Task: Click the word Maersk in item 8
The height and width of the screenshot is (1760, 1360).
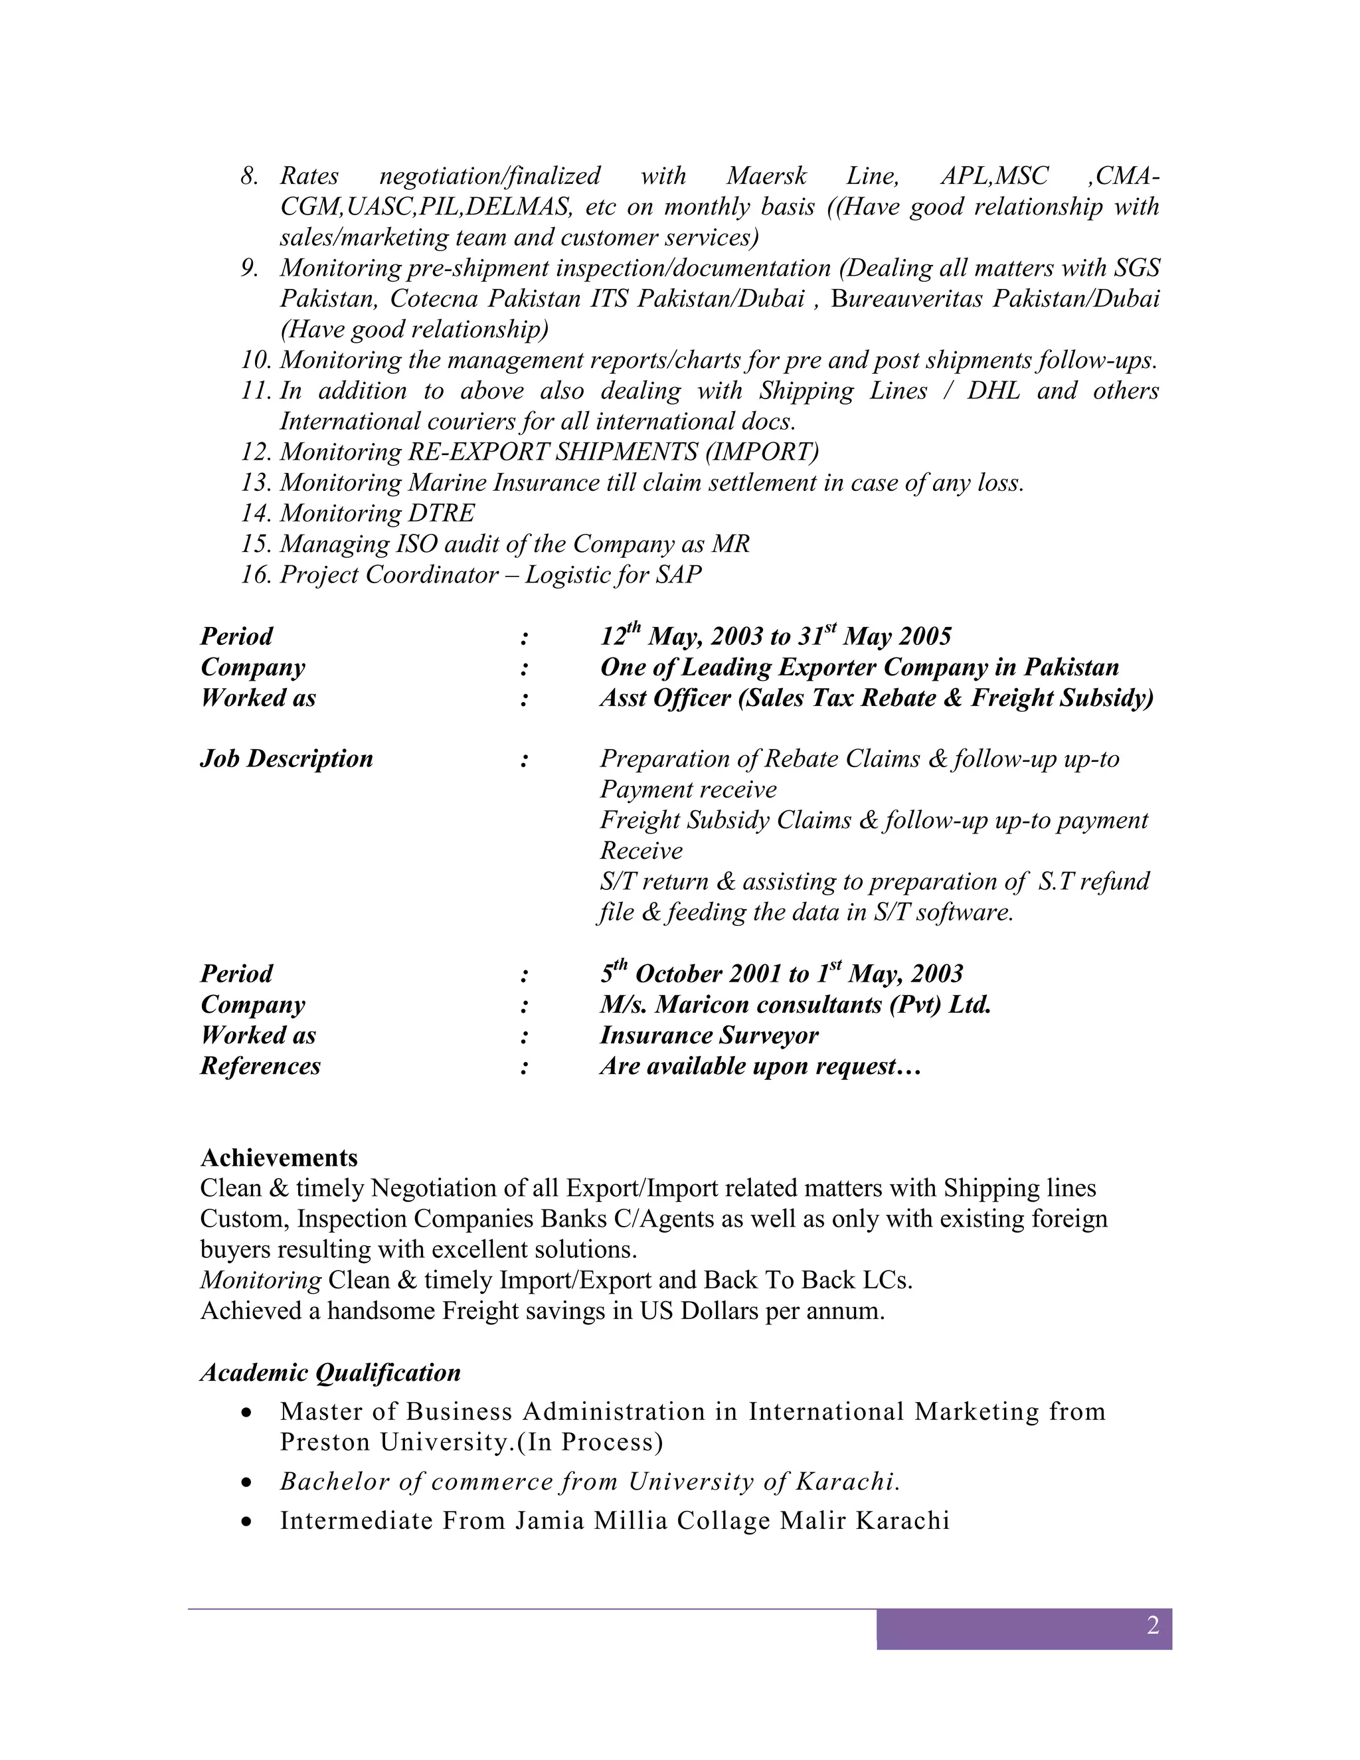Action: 766,176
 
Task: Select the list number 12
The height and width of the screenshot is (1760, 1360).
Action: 256,452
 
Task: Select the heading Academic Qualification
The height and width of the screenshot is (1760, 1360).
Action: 330,1372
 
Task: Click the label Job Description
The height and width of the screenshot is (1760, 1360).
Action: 286,758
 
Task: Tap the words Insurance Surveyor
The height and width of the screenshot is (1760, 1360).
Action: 709,1035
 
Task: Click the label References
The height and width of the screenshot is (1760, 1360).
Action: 260,1066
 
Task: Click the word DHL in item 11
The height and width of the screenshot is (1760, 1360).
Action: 993,391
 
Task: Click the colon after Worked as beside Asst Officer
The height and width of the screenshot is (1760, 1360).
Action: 525,698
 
